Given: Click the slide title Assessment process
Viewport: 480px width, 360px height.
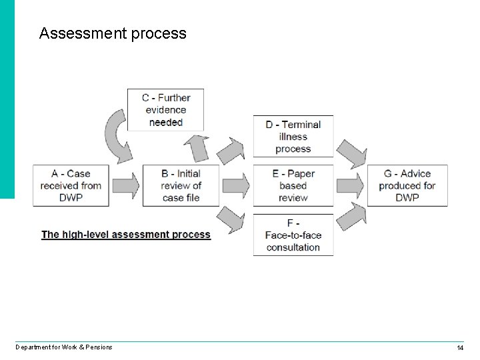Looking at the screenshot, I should (113, 33).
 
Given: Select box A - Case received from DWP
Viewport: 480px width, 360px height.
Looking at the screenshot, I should (71, 185).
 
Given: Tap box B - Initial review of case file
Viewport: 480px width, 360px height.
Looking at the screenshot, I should (181, 185).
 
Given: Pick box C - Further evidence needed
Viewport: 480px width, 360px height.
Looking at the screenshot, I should (165, 110).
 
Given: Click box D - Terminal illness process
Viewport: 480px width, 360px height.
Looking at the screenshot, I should (293, 137).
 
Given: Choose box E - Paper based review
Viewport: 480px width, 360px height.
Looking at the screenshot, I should (293, 185).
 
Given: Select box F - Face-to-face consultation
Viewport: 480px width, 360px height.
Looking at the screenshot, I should (293, 235).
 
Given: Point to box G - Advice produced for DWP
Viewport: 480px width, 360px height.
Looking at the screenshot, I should (407, 185).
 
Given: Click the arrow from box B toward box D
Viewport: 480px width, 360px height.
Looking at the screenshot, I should (231, 151).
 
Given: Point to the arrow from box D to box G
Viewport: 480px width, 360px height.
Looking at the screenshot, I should (351, 154).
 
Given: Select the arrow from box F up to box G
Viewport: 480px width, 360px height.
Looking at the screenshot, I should (351, 217).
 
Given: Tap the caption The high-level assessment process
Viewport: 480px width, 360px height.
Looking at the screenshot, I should (126, 235).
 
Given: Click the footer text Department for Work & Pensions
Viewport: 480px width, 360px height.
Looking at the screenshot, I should (64, 347).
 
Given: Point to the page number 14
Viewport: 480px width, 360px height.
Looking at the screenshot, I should (460, 348).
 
